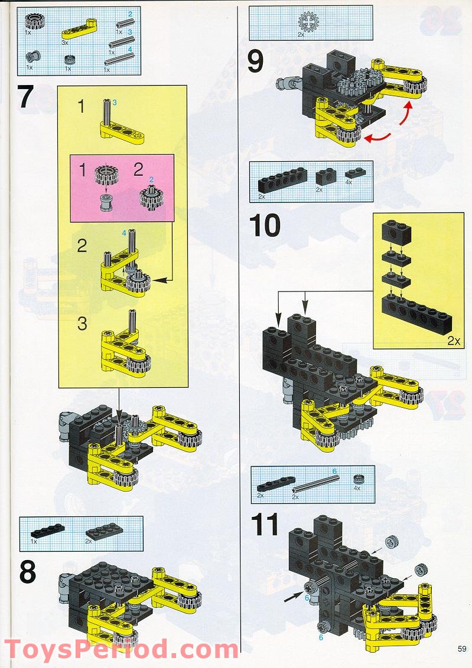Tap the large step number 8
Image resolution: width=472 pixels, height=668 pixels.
[x=28, y=571]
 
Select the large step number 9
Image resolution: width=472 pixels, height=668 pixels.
[x=255, y=62]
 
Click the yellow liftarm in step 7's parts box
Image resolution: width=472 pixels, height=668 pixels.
[x=80, y=25]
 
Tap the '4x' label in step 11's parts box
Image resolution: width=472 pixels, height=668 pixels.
[x=357, y=489]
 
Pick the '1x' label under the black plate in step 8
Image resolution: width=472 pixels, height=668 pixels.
[x=34, y=541]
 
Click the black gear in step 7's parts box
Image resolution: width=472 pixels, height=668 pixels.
[x=34, y=22]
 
